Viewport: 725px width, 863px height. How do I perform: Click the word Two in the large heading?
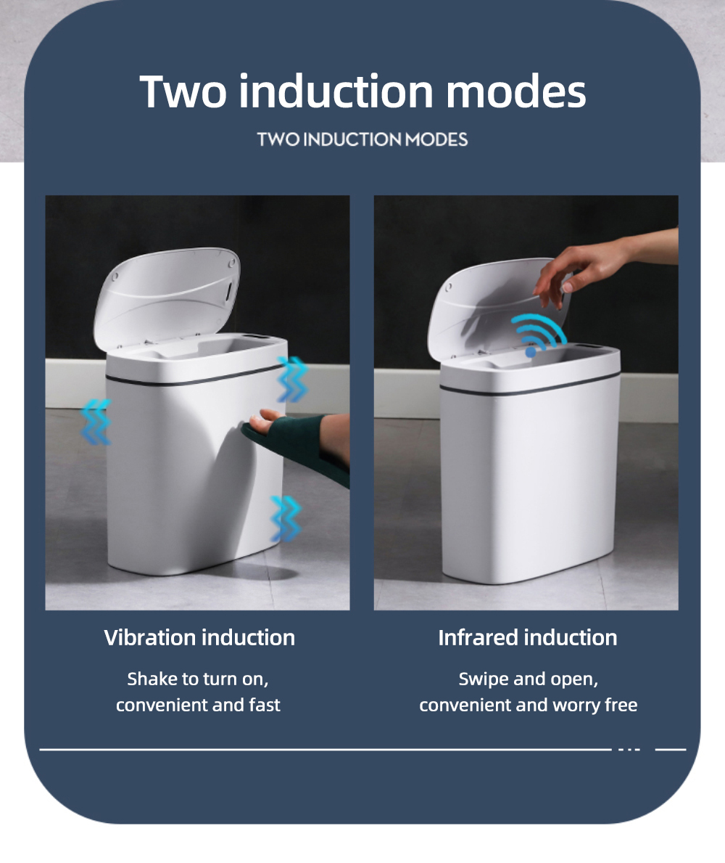183,91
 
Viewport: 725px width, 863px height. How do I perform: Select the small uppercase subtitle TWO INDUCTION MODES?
362,140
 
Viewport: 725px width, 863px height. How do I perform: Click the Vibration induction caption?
199,637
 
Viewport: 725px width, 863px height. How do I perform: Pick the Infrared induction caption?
528,637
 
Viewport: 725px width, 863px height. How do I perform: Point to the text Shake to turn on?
198,679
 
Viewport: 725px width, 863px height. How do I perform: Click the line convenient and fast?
198,705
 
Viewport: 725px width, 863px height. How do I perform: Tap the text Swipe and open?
529,679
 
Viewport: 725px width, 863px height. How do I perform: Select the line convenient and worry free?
529,705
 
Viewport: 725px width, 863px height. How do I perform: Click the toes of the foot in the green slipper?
264,420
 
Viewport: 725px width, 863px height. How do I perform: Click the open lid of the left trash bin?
167,297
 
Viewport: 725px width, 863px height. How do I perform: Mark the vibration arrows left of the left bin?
96,422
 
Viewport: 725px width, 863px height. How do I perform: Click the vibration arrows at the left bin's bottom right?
286,518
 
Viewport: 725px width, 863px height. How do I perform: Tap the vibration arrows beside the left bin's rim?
292,379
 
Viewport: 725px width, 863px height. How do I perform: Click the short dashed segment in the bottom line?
629,750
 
